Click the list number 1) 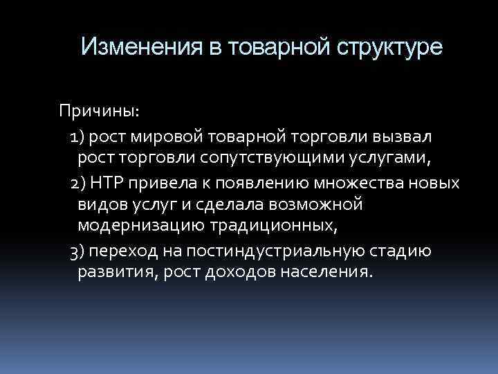click(x=80, y=135)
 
